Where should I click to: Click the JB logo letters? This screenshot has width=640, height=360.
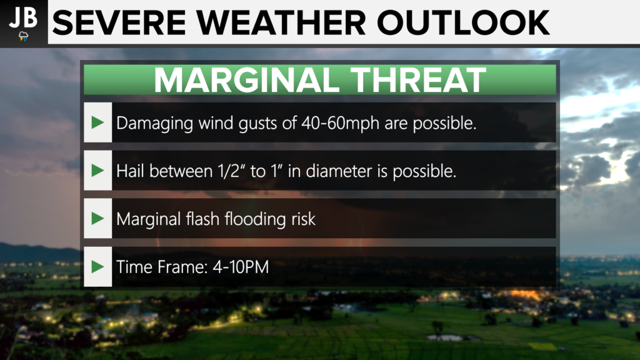23,17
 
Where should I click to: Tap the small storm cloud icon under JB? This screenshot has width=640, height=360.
24,36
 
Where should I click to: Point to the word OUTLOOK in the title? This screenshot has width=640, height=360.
463,23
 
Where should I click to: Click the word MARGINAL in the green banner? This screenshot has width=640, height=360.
247,80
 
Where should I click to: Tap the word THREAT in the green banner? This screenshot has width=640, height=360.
418,80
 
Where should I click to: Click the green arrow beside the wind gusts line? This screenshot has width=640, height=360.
98,122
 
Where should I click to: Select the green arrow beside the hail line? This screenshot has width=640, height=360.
98,170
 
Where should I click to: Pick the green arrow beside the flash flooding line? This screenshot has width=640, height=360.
98,218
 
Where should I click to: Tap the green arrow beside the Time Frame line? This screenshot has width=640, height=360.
98,266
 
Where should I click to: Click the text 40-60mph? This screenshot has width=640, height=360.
341,123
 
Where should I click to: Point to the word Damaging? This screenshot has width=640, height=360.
155,123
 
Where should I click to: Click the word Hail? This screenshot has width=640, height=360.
130,171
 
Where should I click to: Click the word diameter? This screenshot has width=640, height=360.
339,171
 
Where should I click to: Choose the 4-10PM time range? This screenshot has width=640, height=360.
241,267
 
